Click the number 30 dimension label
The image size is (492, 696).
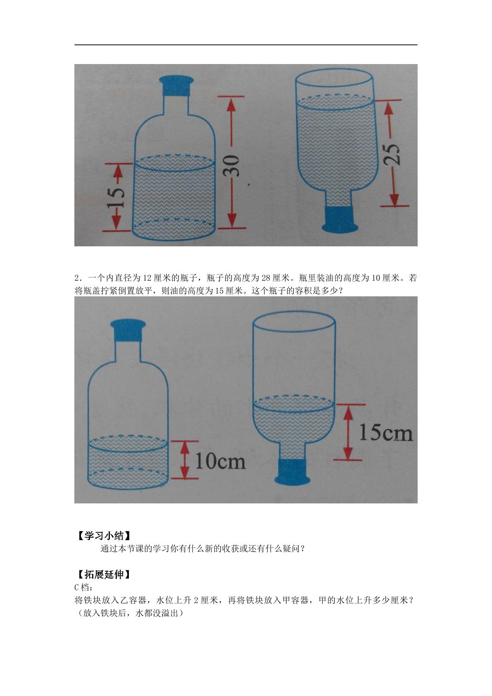232,166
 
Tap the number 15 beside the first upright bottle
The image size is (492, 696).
116,198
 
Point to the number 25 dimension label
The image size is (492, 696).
392,155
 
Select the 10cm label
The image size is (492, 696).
220,461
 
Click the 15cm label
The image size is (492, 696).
385,432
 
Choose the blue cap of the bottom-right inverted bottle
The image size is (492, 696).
292,472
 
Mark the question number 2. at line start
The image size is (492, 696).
78,278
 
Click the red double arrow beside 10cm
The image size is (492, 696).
185,460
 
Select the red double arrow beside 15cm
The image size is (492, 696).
348,432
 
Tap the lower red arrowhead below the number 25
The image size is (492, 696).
394,199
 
